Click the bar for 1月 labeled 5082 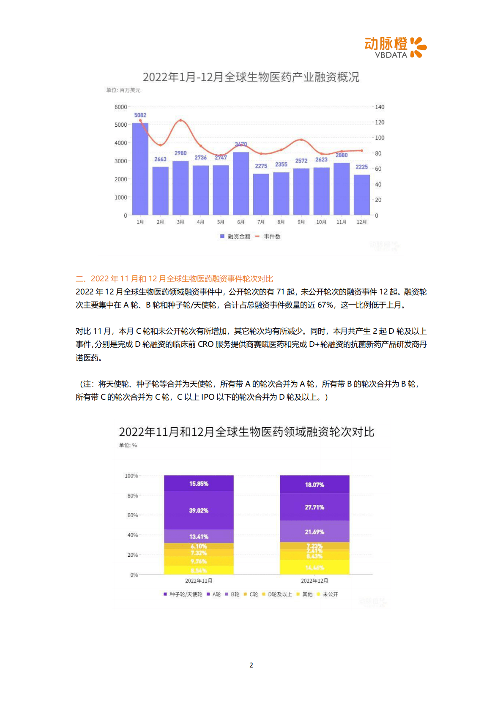coord(140,169)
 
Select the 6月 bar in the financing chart coord(241,183)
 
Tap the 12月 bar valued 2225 coord(362,195)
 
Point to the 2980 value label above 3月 coord(180,153)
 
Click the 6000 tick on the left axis coord(120,107)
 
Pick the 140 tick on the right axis coord(380,107)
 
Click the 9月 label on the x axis coord(301,222)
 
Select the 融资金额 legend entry coord(235,237)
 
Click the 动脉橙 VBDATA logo coord(395,47)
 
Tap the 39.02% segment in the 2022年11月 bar coord(199,510)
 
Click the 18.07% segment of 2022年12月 coord(314,485)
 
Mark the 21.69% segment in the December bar coord(314,531)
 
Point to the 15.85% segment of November coord(199,483)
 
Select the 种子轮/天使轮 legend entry coord(183,594)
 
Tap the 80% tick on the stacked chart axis coord(132,496)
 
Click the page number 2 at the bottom coord(251,665)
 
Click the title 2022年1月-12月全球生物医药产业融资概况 coord(251,77)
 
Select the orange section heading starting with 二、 coord(174,279)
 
